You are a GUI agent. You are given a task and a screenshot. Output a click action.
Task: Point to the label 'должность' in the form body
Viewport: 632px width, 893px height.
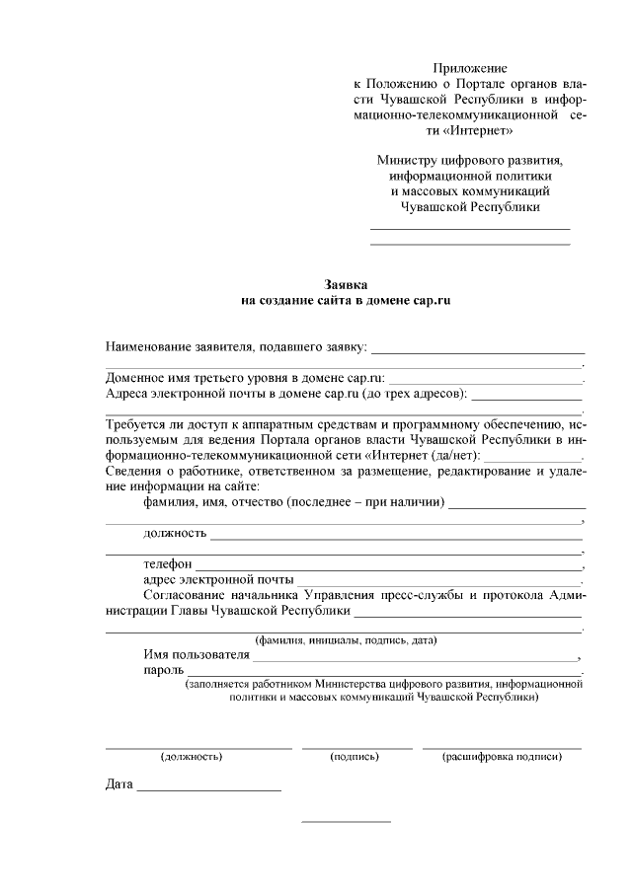pos(175,534)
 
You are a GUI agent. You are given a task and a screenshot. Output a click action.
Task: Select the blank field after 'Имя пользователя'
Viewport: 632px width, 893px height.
pos(415,657)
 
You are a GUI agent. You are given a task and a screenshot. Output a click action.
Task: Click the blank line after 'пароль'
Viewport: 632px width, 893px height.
pos(385,674)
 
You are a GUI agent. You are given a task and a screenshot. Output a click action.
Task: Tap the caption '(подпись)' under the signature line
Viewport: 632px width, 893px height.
pos(355,757)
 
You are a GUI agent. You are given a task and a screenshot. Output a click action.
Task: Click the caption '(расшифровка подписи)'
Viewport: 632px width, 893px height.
pos(502,757)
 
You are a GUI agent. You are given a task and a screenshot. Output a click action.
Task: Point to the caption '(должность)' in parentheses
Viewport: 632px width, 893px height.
pos(191,757)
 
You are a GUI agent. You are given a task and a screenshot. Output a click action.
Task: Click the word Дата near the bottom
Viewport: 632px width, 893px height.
pos(118,785)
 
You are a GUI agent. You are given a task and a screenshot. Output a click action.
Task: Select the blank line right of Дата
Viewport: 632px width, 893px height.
pos(208,790)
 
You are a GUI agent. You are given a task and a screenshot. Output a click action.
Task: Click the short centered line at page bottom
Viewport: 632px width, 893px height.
pos(346,822)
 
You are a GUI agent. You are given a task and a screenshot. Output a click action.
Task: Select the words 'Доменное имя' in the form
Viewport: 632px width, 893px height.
pos(148,378)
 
